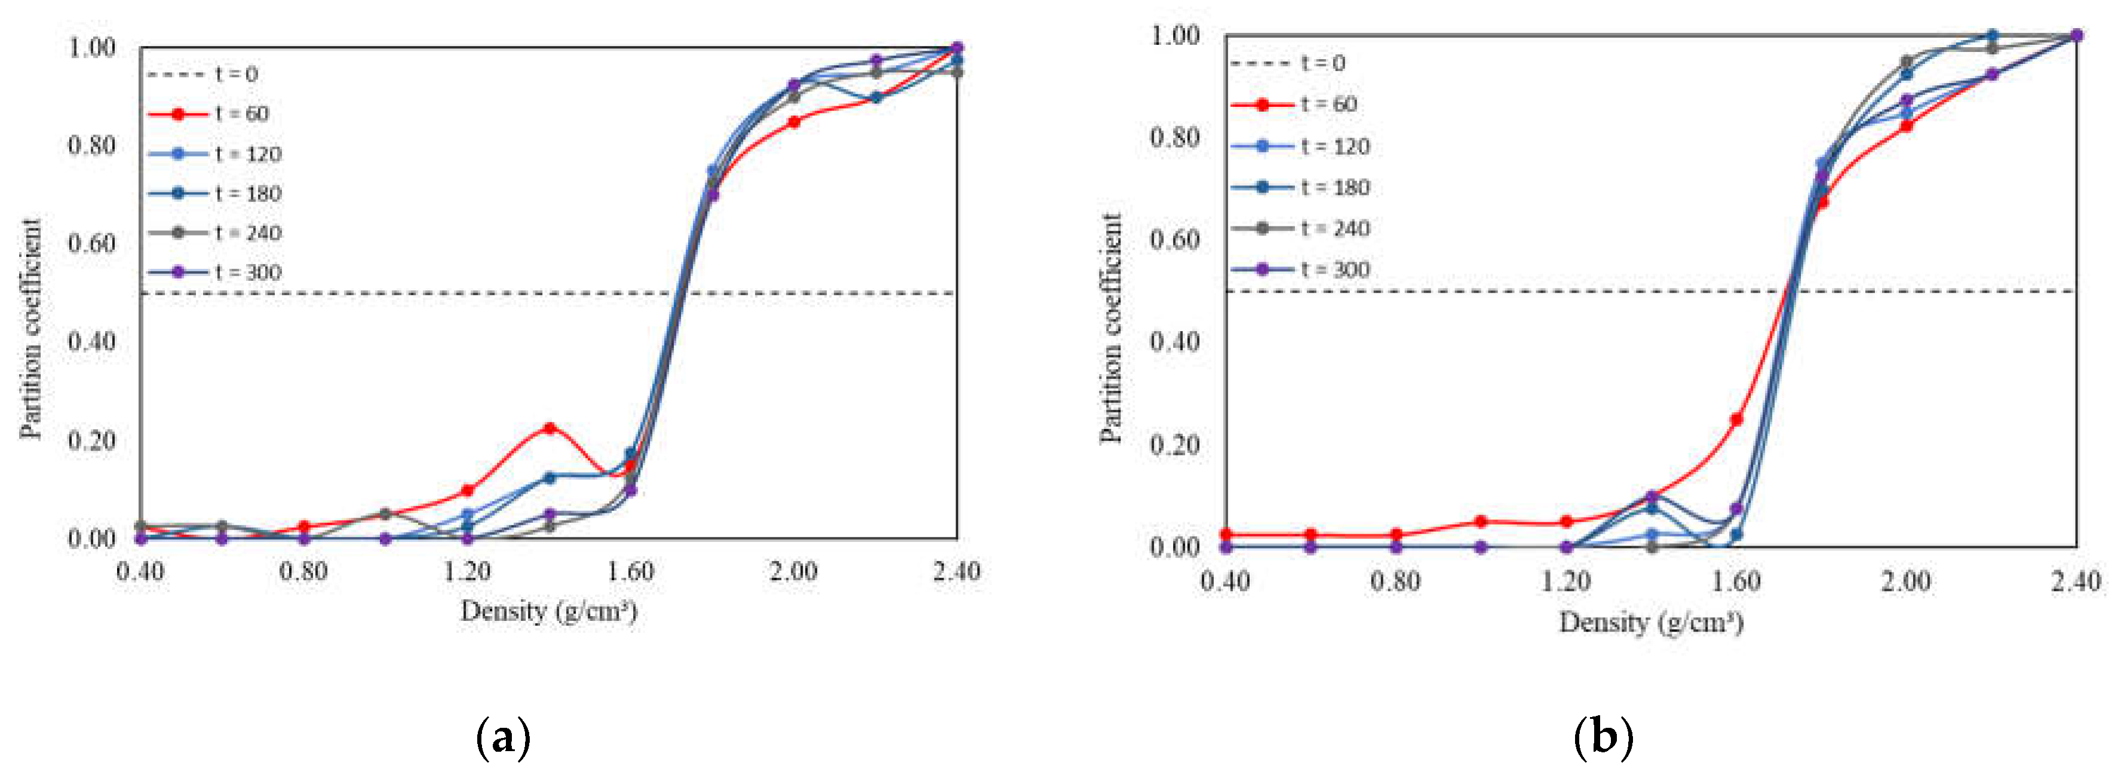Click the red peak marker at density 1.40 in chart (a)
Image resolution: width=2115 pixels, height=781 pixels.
pos(550,428)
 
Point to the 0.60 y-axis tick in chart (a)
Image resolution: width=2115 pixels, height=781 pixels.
pos(91,243)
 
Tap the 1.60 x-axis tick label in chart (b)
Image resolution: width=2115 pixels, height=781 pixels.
pos(1736,581)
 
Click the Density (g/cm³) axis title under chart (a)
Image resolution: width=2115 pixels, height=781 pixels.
pos(548,611)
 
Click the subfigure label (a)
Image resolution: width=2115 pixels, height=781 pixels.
pos(502,737)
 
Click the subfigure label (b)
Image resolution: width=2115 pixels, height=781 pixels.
pos(1603,737)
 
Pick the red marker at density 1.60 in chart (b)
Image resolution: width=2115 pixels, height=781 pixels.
pos(1736,419)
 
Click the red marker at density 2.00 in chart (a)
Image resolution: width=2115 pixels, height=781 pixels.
pos(794,121)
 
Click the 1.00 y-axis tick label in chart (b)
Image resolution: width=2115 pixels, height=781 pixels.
pos(1174,35)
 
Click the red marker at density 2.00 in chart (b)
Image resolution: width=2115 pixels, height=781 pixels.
pos(1907,125)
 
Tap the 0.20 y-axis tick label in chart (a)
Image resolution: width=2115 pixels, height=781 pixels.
pos(91,440)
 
